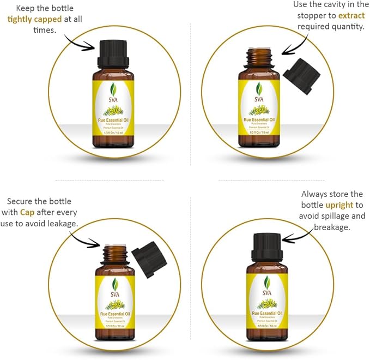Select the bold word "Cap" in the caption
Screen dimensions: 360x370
coord(27,212)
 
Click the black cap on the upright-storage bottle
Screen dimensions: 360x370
coord(265,247)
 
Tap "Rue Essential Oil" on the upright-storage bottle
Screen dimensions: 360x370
coord(265,313)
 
